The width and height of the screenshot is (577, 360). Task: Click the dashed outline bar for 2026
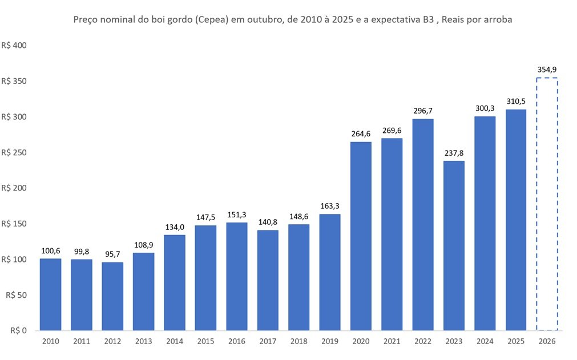click(x=536, y=204)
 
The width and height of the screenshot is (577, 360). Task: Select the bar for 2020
click(x=361, y=236)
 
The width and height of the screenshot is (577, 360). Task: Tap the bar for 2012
click(x=112, y=296)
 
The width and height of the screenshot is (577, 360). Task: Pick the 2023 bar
click(x=454, y=246)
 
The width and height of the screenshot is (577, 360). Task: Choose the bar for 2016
click(x=237, y=277)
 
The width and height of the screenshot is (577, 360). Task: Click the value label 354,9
click(x=547, y=70)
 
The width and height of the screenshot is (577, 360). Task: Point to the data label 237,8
click(x=454, y=153)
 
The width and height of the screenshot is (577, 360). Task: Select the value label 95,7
click(x=112, y=254)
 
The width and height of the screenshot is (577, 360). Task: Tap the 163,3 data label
click(x=330, y=206)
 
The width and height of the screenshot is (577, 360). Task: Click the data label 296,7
click(x=423, y=111)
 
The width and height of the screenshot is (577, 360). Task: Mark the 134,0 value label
click(x=175, y=227)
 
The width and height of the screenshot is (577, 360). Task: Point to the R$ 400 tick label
click(x=14, y=45)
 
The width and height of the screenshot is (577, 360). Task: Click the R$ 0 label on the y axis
click(x=18, y=330)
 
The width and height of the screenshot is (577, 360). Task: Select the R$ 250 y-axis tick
click(x=14, y=152)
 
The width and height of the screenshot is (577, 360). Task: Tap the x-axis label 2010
click(x=50, y=341)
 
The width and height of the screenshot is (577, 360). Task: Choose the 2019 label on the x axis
click(x=330, y=341)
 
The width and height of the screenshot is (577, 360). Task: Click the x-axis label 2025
click(x=516, y=341)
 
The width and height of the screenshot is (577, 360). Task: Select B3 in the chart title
click(x=429, y=19)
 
